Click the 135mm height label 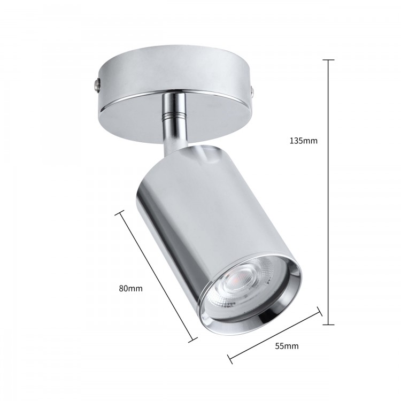click(x=304, y=141)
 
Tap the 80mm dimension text click(x=130, y=288)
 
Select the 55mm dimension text click(x=287, y=346)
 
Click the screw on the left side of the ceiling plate click(x=97, y=83)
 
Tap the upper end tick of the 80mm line click(x=120, y=213)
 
